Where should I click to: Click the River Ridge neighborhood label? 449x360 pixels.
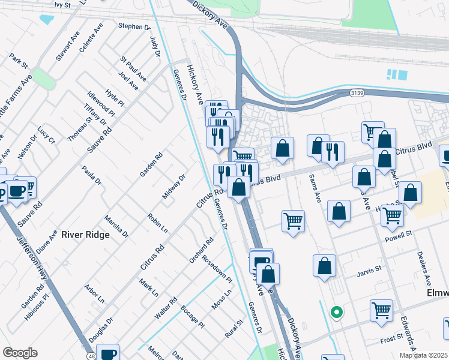[85, 235]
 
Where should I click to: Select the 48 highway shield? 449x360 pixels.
[91, 356]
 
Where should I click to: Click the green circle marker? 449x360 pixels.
[337, 312]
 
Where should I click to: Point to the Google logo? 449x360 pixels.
[20, 353]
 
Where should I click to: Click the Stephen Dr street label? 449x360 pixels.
[134, 26]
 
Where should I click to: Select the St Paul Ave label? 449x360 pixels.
[133, 68]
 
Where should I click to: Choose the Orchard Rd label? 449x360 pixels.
[201, 251]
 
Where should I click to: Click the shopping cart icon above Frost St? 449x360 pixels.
[381, 310]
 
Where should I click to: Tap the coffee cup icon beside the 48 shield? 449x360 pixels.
[107, 353]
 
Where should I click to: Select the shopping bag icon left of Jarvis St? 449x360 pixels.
[324, 265]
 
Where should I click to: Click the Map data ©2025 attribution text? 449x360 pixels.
[424, 355]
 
